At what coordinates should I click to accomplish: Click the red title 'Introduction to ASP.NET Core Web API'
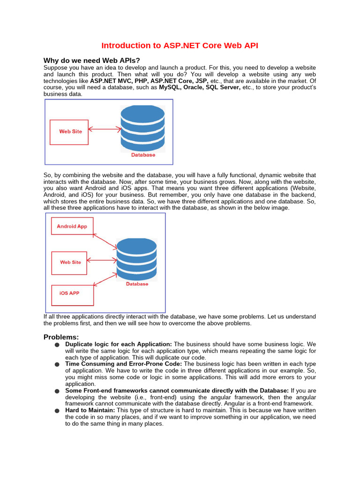(180, 45)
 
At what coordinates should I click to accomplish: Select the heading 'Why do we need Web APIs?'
(92, 60)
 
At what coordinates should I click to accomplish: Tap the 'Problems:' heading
(61, 337)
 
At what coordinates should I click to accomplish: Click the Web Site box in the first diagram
(69, 132)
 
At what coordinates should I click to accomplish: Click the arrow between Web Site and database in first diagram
(105, 128)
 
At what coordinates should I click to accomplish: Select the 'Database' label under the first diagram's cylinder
(143, 155)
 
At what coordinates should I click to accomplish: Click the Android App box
(72, 226)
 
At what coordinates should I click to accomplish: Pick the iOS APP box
(72, 293)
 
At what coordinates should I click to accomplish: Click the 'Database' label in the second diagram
(137, 284)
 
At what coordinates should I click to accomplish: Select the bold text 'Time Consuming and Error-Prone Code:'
(124, 364)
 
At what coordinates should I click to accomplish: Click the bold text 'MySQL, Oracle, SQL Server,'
(200, 87)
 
